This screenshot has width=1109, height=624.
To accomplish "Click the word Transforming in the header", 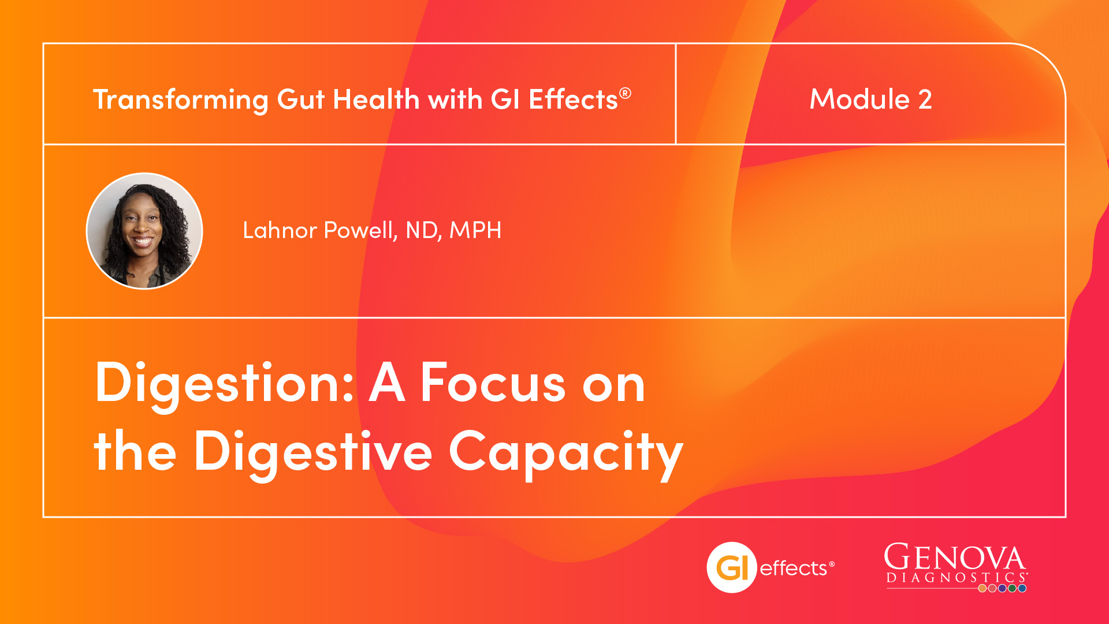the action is [181, 100].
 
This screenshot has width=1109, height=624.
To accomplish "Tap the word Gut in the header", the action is [301, 99].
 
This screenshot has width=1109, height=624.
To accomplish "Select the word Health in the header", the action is [376, 99].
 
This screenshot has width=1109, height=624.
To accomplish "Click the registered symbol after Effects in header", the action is [625, 93].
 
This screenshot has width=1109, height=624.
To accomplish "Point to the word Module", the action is [860, 99].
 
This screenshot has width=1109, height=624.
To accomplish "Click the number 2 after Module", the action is [925, 99].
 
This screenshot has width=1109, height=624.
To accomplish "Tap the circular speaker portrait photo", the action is [144, 231].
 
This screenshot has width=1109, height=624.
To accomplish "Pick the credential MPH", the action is [475, 230].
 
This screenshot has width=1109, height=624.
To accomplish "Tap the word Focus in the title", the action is [493, 382].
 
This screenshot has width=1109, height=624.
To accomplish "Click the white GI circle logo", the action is [732, 567].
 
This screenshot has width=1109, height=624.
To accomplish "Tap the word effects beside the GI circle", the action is [794, 569].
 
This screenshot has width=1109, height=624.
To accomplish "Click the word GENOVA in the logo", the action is [954, 558].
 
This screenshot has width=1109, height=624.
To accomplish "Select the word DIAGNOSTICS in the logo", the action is [956, 578].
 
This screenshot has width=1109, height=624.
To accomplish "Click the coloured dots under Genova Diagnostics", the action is [1002, 588].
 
